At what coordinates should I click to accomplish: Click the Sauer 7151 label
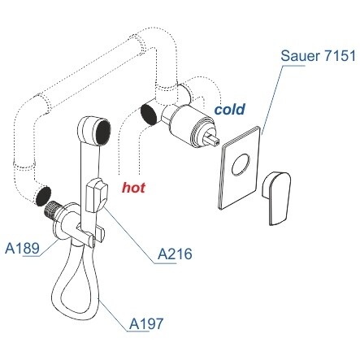click(318, 55)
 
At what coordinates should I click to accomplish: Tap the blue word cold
click(230, 109)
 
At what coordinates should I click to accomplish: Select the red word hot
click(133, 187)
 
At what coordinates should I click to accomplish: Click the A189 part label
click(22, 248)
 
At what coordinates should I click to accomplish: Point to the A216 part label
click(175, 254)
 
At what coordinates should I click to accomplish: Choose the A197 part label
click(146, 323)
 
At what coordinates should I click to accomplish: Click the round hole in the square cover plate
click(241, 165)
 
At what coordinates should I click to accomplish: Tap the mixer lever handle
click(276, 197)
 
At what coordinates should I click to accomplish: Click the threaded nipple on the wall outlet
click(51, 210)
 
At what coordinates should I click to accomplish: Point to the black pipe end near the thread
click(43, 196)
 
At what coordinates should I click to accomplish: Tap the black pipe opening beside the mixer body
click(149, 115)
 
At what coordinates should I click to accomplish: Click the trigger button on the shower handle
click(97, 195)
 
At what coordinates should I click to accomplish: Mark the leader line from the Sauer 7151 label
click(272, 99)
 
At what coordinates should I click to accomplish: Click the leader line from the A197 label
click(114, 315)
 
